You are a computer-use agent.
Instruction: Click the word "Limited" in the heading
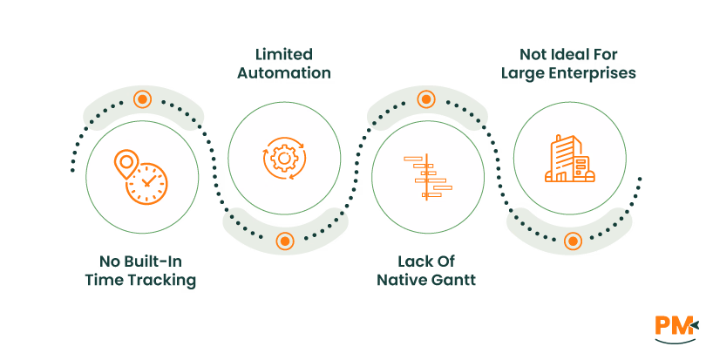tap(283, 54)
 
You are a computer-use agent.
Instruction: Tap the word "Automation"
tap(284, 73)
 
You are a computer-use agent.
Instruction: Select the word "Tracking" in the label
tap(166, 280)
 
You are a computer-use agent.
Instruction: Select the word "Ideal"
tap(567, 54)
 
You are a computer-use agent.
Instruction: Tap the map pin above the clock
tap(126, 162)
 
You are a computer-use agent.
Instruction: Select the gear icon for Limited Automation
tap(284, 158)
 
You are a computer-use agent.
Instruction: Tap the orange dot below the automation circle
tap(284, 241)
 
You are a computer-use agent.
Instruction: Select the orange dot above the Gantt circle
tap(426, 99)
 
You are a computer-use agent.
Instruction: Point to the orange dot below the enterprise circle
tap(572, 241)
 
